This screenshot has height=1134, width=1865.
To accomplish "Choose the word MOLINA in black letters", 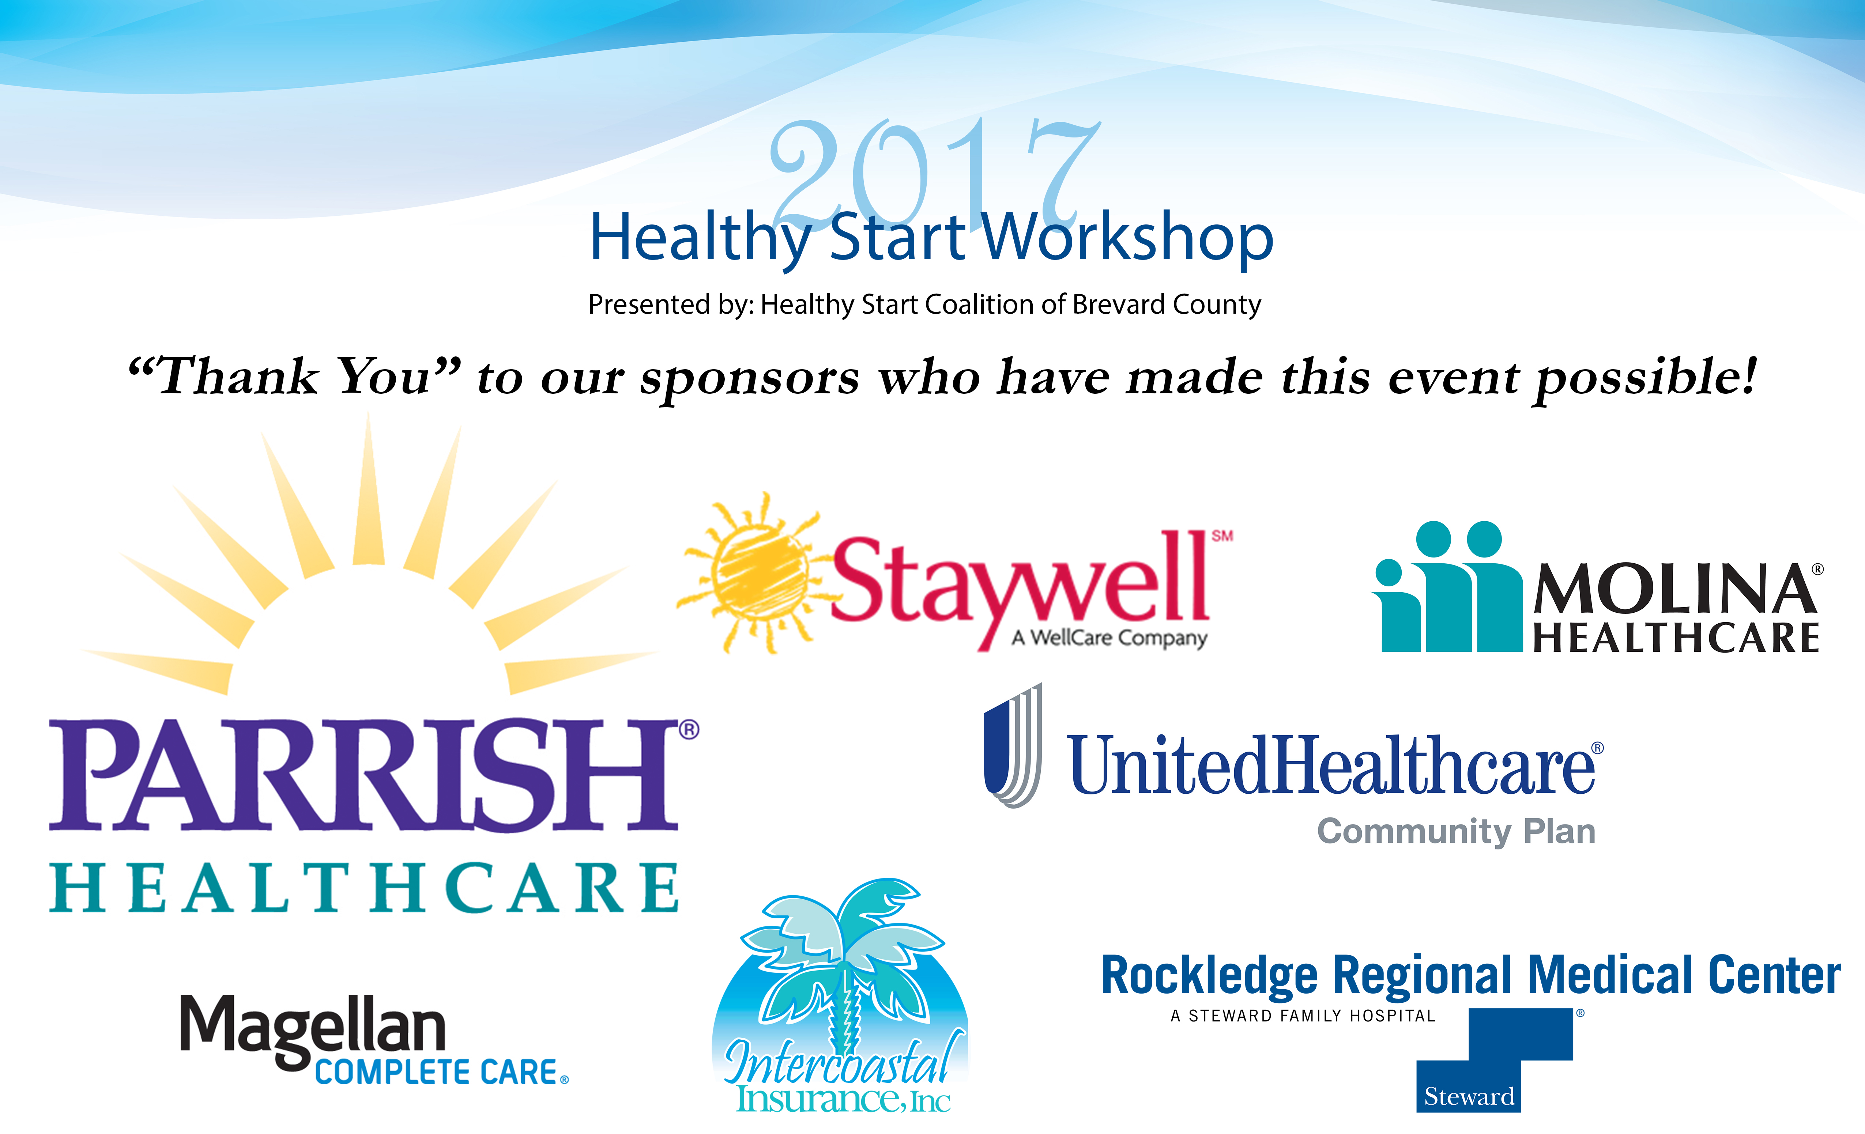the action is coord(1674,590).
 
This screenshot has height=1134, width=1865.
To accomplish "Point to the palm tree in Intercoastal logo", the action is coord(842,964).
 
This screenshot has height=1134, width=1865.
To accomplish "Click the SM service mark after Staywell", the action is coord(1222,536).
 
